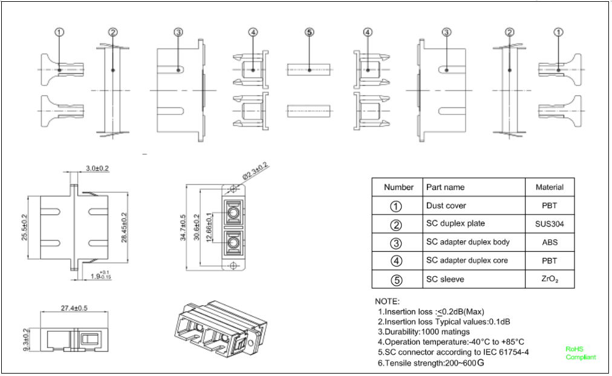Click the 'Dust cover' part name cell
(x=446, y=206)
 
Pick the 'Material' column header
(x=549, y=187)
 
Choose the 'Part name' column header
(x=445, y=187)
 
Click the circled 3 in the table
(x=396, y=243)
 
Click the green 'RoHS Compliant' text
(x=580, y=353)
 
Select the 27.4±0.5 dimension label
(x=74, y=308)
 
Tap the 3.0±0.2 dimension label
(x=97, y=167)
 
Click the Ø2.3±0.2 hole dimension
(x=255, y=171)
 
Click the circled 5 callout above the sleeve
(x=309, y=32)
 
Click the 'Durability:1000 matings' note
(x=423, y=332)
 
